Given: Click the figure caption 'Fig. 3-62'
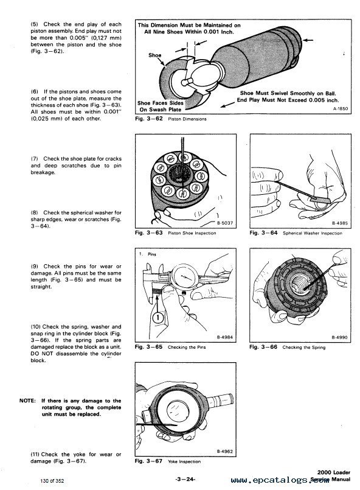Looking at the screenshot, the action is click(149, 119).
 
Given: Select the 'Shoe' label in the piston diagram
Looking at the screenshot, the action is click(154, 55).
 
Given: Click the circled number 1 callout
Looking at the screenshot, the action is click(158, 318).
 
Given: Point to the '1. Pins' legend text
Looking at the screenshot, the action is click(148, 254).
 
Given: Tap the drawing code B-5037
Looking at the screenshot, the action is click(225, 223).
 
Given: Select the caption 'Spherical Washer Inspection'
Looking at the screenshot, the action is click(312, 233).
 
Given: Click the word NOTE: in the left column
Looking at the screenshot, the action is click(27, 401).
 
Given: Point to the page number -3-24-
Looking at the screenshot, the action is click(185, 479).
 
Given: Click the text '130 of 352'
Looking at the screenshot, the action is click(52, 481).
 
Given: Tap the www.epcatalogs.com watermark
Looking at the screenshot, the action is click(280, 480).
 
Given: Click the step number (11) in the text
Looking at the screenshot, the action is click(35, 454).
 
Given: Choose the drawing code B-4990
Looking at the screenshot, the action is click(339, 337).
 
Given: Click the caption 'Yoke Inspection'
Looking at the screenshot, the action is click(184, 461).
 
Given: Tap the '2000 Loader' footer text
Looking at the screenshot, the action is click(334, 472).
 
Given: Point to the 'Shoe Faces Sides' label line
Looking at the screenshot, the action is click(161, 103).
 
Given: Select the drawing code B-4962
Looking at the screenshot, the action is click(225, 451).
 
